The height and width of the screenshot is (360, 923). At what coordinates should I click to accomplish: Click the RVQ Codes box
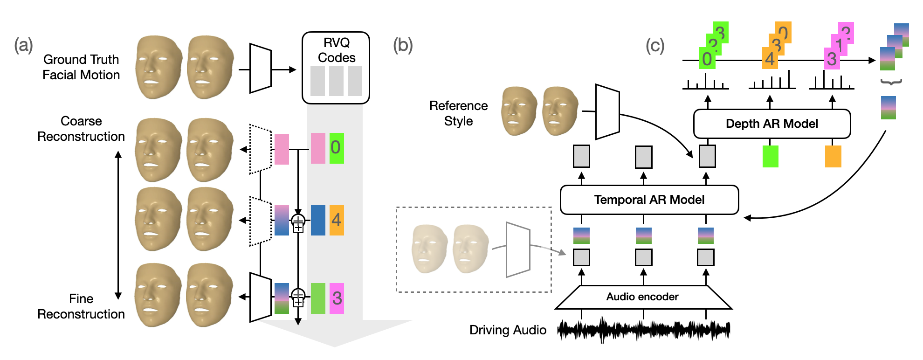336,68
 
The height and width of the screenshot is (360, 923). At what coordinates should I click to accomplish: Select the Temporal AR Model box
649,200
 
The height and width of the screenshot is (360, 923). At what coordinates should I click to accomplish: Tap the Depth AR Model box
771,124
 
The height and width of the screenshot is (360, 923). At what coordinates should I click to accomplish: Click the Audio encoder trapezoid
643,297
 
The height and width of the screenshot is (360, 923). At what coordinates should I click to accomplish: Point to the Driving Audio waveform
643,330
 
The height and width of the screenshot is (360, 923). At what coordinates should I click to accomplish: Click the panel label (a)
23,46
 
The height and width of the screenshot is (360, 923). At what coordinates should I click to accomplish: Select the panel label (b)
403,46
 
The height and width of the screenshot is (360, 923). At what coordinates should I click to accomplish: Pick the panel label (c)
655,46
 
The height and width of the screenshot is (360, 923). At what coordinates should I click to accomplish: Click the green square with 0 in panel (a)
337,148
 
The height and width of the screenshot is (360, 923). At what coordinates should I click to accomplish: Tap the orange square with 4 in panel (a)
337,220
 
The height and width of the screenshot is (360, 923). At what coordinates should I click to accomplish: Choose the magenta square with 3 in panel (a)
337,298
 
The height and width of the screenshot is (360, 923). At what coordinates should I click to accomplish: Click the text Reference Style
458,113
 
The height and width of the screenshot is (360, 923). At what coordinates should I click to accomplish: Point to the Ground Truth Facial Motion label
81,67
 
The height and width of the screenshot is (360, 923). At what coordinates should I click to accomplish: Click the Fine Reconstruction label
81,306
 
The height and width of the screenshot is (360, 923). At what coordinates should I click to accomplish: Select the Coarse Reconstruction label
81,129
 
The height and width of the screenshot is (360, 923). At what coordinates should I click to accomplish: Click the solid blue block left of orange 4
318,220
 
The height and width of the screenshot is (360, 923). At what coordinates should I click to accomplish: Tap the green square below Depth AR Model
770,157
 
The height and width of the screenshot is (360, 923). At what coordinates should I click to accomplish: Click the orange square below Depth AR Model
833,157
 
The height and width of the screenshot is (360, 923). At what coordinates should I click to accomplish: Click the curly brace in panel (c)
891,83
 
